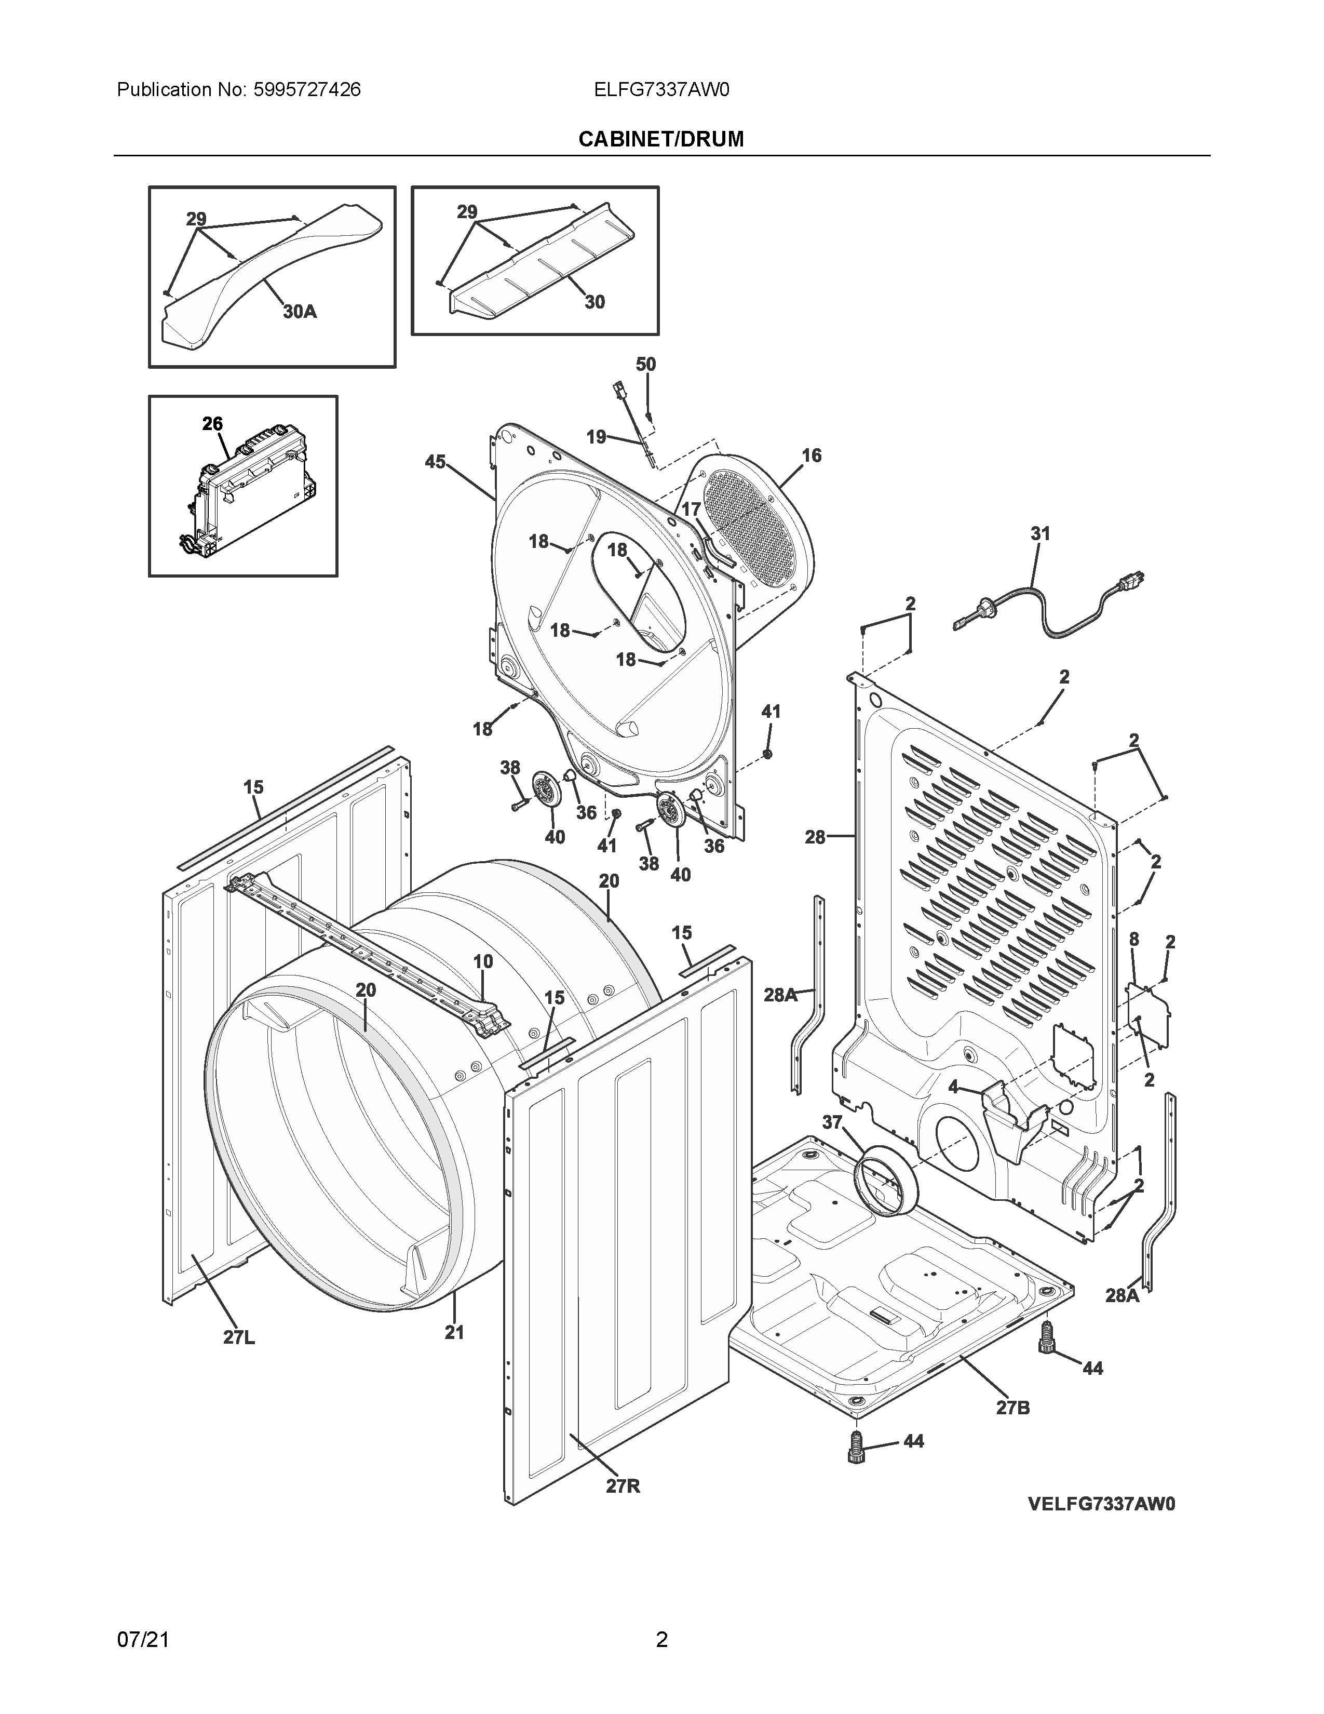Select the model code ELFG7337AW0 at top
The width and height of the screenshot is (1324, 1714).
pyautogui.click(x=661, y=89)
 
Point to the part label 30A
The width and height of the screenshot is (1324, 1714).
pyautogui.click(x=299, y=312)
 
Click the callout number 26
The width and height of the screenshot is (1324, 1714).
pyautogui.click(x=212, y=424)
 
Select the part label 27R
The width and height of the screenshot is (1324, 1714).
pyautogui.click(x=623, y=1485)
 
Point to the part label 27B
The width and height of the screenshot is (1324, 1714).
pyautogui.click(x=1012, y=1408)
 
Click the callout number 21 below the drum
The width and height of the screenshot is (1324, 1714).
pyautogui.click(x=454, y=1332)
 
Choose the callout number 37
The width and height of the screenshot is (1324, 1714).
pyautogui.click(x=831, y=1123)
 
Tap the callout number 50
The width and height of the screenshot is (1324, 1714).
pyautogui.click(x=645, y=364)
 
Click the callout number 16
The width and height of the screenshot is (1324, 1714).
pyautogui.click(x=811, y=455)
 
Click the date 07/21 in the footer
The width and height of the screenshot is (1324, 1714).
pyautogui.click(x=143, y=1639)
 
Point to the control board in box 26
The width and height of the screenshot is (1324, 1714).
pyautogui.click(x=247, y=494)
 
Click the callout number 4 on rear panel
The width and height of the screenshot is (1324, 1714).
pyautogui.click(x=953, y=1087)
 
